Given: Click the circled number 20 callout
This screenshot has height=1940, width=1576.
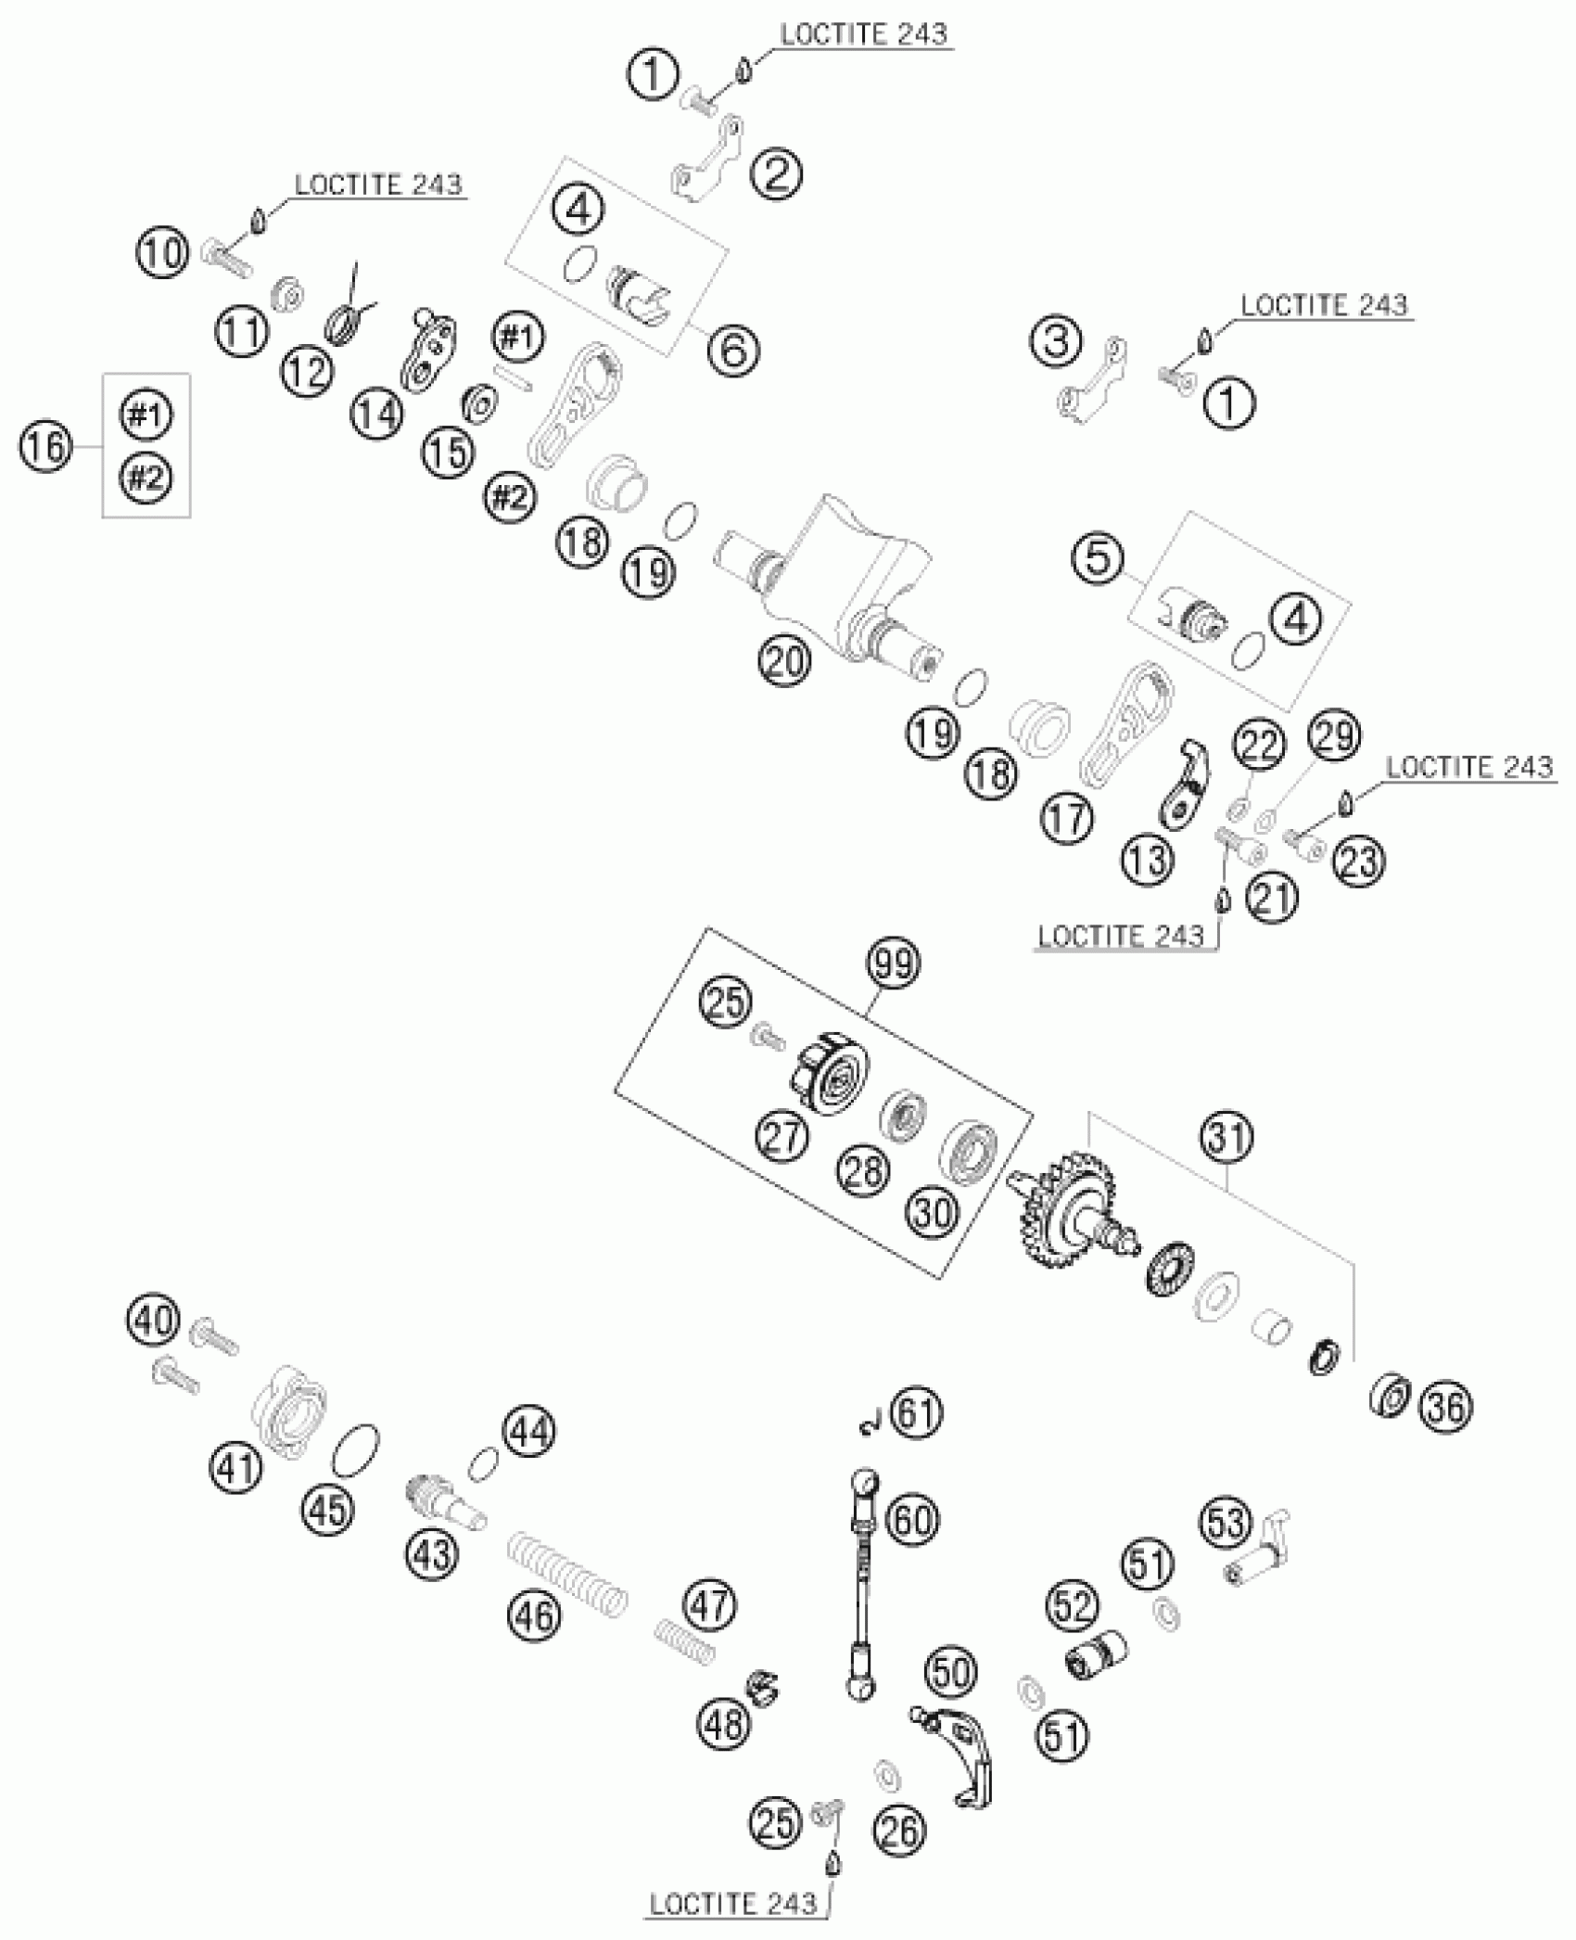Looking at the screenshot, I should (783, 661).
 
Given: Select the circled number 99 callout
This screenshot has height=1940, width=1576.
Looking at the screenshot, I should (894, 964).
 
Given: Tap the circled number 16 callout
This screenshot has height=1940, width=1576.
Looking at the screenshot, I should (44, 448).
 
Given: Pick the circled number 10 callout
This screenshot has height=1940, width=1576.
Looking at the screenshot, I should (163, 252).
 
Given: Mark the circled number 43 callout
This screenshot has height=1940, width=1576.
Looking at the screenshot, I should (433, 1551).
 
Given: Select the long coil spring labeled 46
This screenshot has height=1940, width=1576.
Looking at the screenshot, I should (567, 1572).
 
